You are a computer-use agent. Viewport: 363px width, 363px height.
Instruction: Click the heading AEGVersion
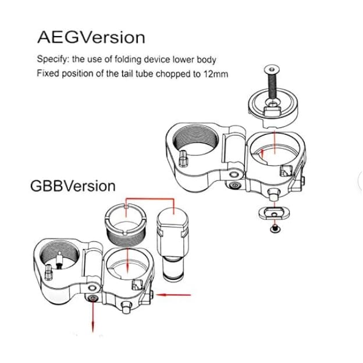point(91,37)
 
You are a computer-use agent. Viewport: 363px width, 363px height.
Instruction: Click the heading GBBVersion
point(73,186)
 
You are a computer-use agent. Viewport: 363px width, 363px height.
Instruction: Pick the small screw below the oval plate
point(275,229)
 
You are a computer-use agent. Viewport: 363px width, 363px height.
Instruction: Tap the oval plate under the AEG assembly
point(274,212)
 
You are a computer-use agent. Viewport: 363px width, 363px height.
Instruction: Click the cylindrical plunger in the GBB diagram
point(173,243)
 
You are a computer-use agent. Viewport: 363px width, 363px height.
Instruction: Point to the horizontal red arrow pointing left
point(173,295)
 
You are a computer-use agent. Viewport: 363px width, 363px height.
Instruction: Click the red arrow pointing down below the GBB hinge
point(93,316)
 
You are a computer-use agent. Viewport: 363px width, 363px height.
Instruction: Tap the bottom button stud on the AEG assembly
point(273,194)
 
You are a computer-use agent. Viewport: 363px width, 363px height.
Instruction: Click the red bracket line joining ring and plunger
point(150,198)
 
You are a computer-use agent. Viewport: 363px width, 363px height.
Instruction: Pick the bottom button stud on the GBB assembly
point(126,307)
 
